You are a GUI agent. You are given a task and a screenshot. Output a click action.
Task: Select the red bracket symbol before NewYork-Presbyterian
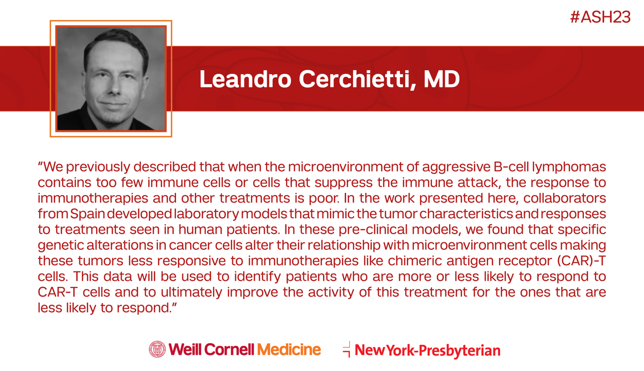(347, 349)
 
